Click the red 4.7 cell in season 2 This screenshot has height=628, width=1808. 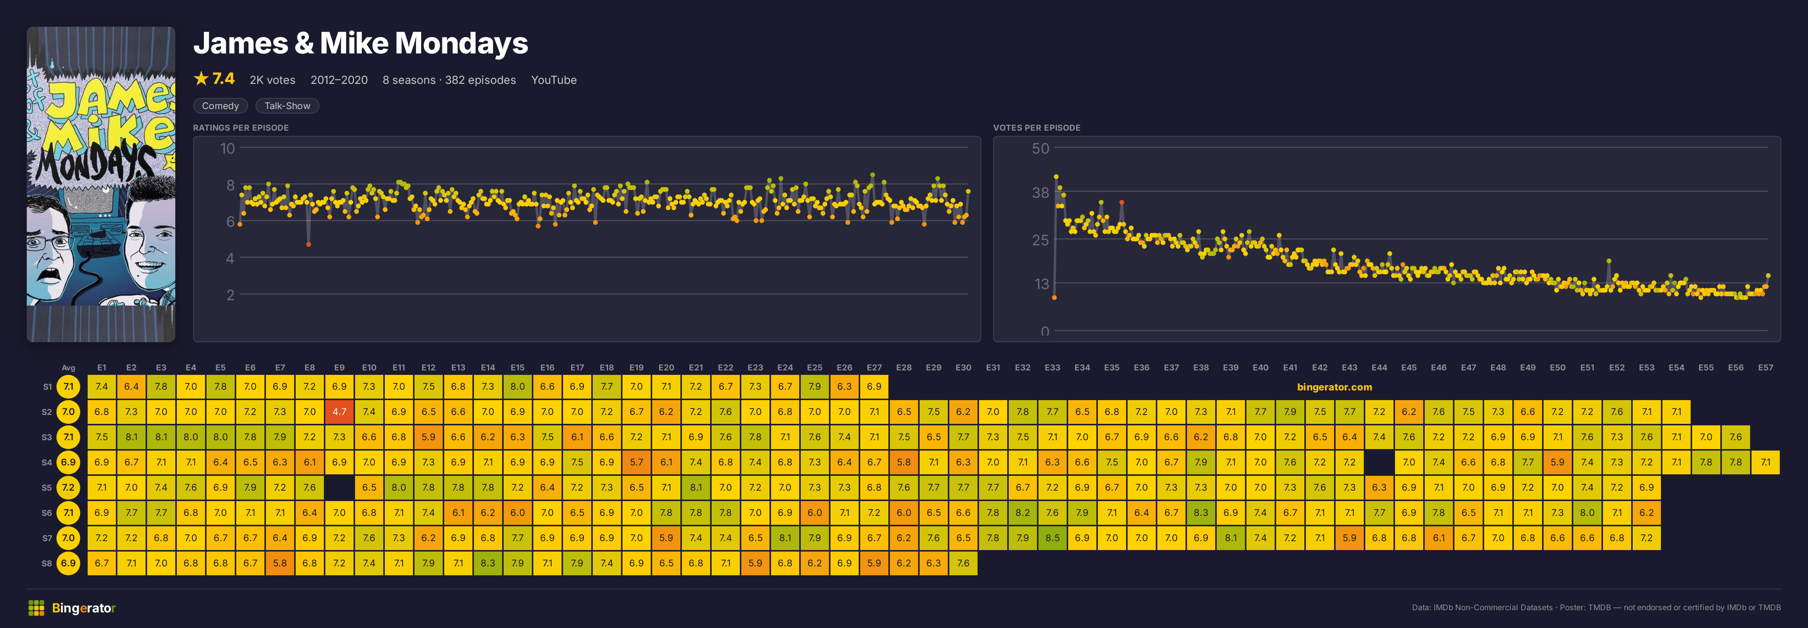coord(339,412)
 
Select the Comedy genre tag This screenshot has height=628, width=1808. coord(220,106)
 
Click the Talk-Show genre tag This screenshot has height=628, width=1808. coord(287,106)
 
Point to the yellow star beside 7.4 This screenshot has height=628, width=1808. coord(201,79)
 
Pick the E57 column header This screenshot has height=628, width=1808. coord(1765,368)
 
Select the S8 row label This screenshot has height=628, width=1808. coord(47,563)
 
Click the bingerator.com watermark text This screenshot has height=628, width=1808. coord(1334,387)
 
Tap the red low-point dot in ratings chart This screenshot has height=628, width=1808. coord(309,244)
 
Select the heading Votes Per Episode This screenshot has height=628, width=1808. coord(1037,128)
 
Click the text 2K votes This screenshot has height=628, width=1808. coord(272,80)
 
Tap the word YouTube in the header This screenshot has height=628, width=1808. coord(554,80)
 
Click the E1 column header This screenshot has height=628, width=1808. coord(102,368)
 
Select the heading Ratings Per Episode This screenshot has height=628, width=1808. coord(241,128)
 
